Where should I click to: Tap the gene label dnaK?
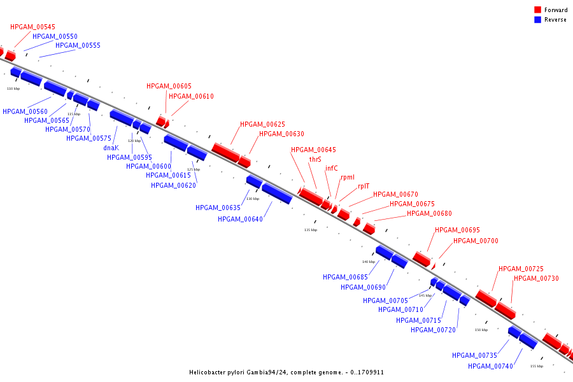click(111, 148)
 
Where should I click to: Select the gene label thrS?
click(315, 159)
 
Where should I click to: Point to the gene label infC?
click(332, 168)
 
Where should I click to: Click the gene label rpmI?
click(348, 177)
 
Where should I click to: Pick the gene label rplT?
click(364, 186)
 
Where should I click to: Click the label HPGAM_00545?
click(32, 27)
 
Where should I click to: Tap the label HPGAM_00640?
click(240, 219)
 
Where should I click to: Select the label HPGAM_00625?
click(262, 124)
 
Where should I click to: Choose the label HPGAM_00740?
click(490, 366)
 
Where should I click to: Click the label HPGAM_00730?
click(536, 278)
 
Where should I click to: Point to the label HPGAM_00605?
click(169, 86)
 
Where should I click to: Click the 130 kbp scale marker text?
click(253, 199)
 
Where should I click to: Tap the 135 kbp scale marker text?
click(310, 230)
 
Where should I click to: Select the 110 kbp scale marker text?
click(13, 88)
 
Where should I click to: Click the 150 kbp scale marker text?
click(481, 330)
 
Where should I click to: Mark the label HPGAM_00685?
click(345, 277)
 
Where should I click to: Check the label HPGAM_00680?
click(429, 213)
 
